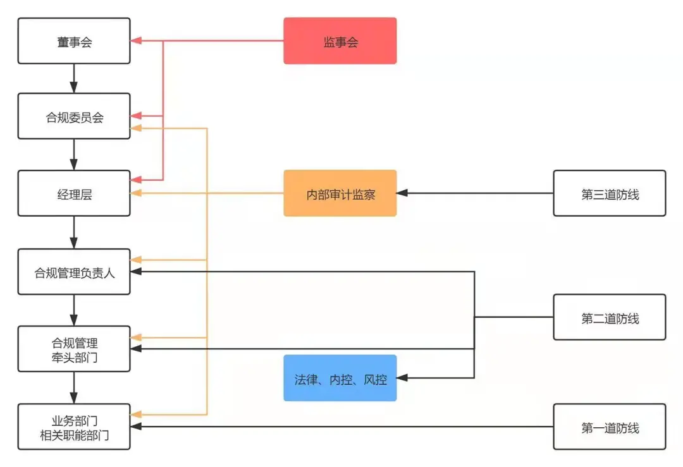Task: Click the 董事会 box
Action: pos(74,41)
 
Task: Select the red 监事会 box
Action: pos(340,41)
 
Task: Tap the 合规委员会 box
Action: pos(74,116)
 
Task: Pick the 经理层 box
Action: pos(74,193)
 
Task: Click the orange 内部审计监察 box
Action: pos(340,193)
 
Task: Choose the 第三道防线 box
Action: pos(609,193)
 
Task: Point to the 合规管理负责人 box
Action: pos(74,272)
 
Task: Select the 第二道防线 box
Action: pos(609,317)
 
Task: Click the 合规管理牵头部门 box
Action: pos(74,349)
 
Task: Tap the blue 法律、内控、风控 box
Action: pos(340,378)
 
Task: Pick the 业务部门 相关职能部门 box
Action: pos(74,427)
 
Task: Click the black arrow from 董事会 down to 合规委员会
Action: pos(74,78)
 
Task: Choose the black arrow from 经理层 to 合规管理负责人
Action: pos(74,233)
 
